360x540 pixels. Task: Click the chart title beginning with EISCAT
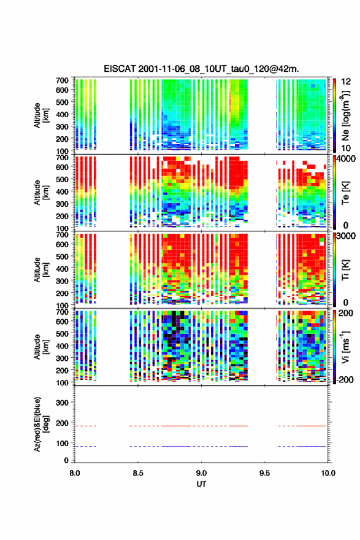click(201, 69)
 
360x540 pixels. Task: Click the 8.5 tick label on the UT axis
click(138, 473)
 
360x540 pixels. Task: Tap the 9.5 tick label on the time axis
click(264, 473)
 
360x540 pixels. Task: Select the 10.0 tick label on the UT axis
click(327, 473)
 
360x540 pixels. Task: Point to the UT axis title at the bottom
click(201, 484)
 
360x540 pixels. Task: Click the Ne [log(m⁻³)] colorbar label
click(345, 115)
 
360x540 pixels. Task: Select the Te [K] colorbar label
click(345, 193)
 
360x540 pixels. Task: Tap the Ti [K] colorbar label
click(345, 269)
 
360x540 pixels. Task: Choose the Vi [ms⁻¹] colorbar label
click(345, 347)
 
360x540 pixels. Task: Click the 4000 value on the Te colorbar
click(346, 159)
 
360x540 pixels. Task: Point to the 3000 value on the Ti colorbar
click(346, 236)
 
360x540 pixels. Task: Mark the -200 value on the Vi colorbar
click(343, 379)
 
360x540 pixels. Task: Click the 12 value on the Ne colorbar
click(346, 82)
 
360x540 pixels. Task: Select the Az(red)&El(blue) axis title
click(41, 424)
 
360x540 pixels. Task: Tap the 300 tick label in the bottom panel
click(62, 403)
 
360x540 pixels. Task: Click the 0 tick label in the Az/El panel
click(66, 460)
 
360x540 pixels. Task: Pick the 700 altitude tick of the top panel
click(62, 80)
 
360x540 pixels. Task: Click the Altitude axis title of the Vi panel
click(41, 347)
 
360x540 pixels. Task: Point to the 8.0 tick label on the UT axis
click(75, 473)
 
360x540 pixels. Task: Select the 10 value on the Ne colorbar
click(346, 148)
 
